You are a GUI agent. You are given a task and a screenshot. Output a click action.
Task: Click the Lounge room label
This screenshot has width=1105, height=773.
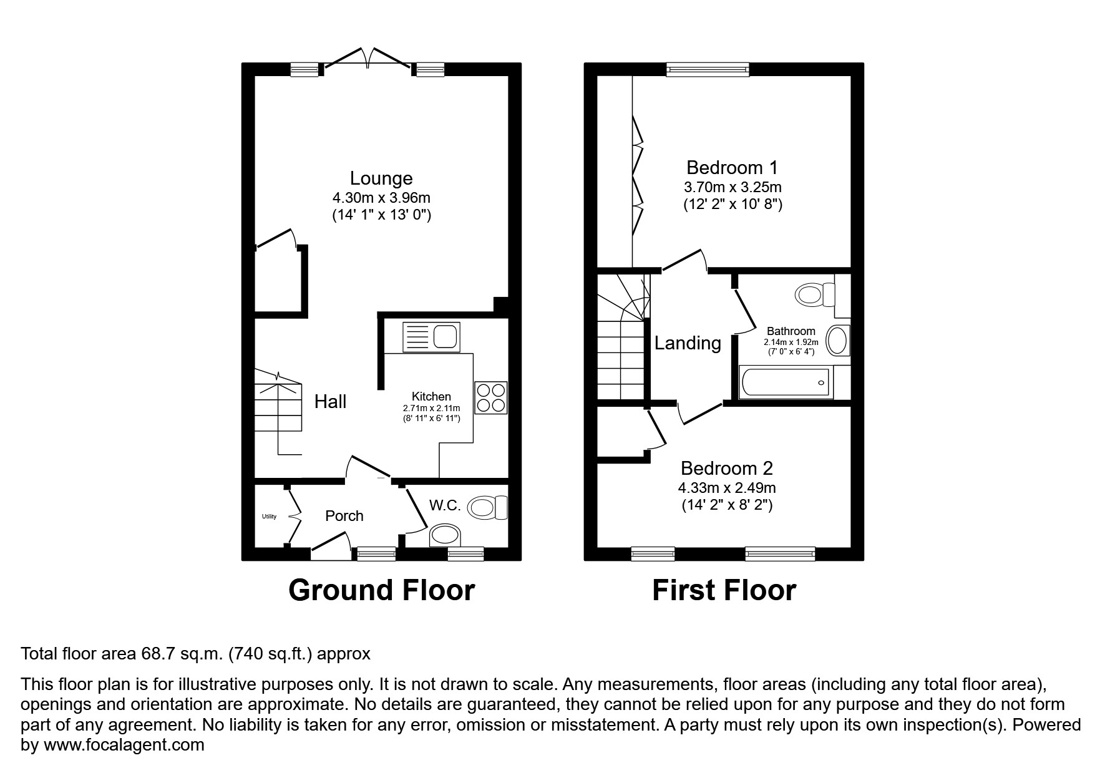381,178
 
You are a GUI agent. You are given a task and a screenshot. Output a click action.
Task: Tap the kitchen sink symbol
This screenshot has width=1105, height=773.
431,337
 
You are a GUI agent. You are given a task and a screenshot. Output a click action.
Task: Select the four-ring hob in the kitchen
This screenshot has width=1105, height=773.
490,397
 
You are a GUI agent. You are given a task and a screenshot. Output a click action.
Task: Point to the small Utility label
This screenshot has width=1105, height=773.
269,517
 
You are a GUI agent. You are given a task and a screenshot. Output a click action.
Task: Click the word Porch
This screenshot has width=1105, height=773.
344,516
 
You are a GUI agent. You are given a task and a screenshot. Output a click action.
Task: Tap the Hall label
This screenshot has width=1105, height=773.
330,401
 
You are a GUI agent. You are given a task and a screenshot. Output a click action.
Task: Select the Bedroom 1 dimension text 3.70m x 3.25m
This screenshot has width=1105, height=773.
733,187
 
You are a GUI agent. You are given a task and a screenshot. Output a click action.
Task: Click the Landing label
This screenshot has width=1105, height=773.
688,343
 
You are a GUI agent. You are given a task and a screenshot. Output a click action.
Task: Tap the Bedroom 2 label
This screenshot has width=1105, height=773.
727,468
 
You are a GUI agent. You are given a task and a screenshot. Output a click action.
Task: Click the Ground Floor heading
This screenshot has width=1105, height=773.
381,590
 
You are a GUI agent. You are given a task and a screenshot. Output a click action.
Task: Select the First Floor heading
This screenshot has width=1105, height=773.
724,590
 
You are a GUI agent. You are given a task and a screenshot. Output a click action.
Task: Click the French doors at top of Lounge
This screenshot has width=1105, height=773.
369,59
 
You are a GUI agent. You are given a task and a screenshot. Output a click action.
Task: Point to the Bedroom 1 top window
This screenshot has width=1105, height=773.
707,70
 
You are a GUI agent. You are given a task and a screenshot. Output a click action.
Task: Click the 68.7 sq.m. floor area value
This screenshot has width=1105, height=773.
181,654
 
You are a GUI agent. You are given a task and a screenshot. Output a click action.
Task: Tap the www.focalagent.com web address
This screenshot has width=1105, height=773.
122,745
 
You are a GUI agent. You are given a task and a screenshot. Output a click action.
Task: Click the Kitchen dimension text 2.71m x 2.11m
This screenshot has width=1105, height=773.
431,408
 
